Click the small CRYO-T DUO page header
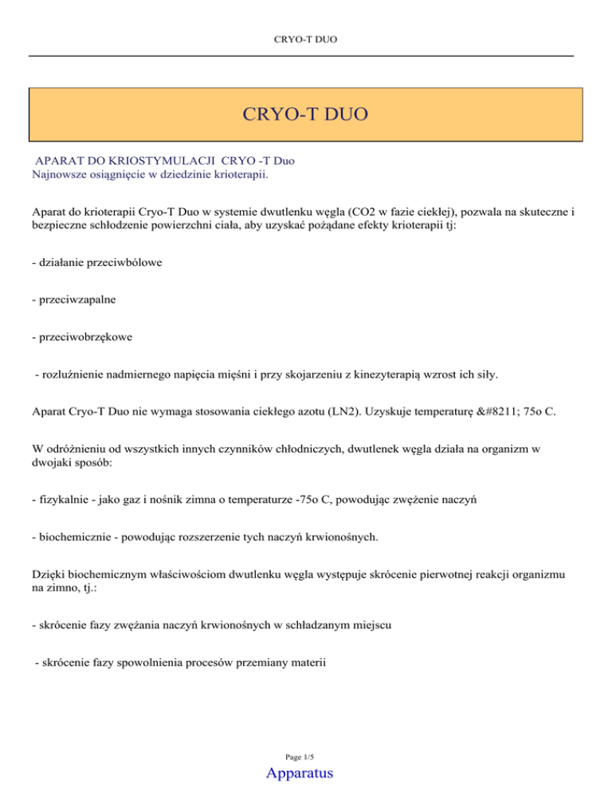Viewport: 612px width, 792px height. pos(306,37)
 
